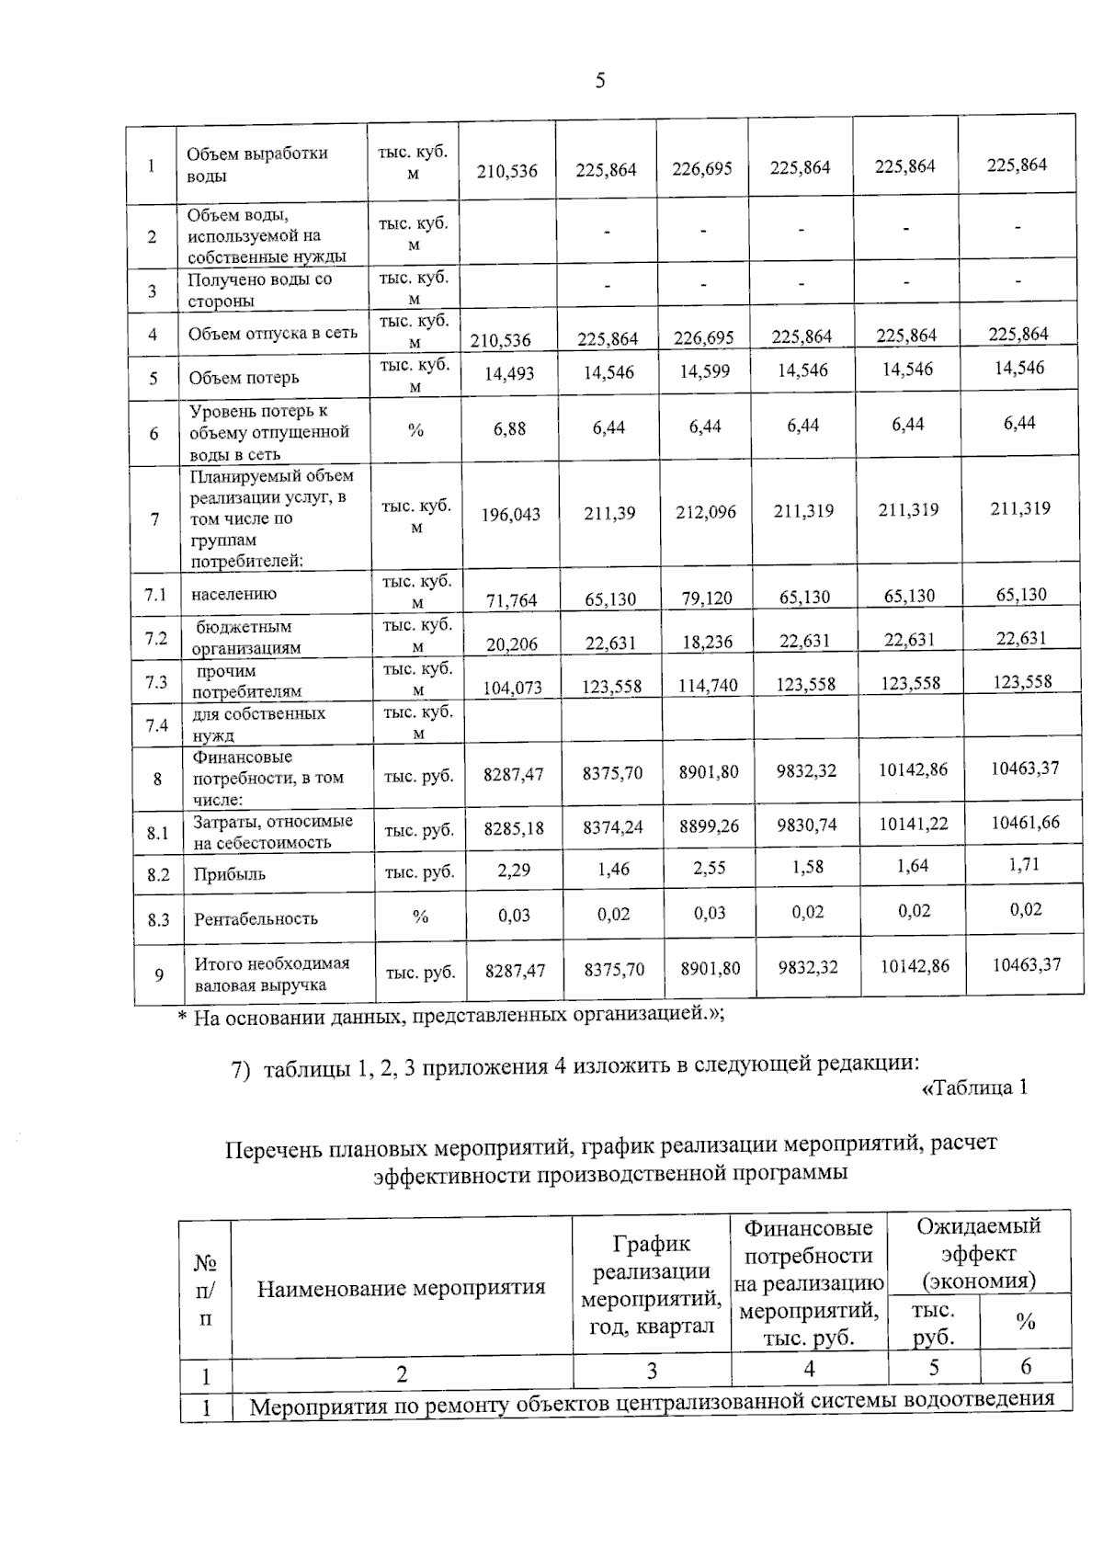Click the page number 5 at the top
[x=600, y=81]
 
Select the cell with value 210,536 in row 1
[x=506, y=171]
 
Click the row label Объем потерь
[x=244, y=378]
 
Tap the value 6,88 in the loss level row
[x=509, y=428]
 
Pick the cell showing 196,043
[x=511, y=515]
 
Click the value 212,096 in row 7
[x=706, y=512]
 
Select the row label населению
[x=233, y=594]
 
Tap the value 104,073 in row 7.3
[x=512, y=687]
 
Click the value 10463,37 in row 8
[x=1025, y=768]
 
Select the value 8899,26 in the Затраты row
[x=709, y=826]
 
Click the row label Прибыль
[x=229, y=874]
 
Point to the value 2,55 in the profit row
[x=709, y=868]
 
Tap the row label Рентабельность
[x=256, y=919]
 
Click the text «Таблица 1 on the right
[x=973, y=1088]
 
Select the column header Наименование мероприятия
[x=401, y=1288]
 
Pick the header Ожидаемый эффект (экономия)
[x=979, y=1253]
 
